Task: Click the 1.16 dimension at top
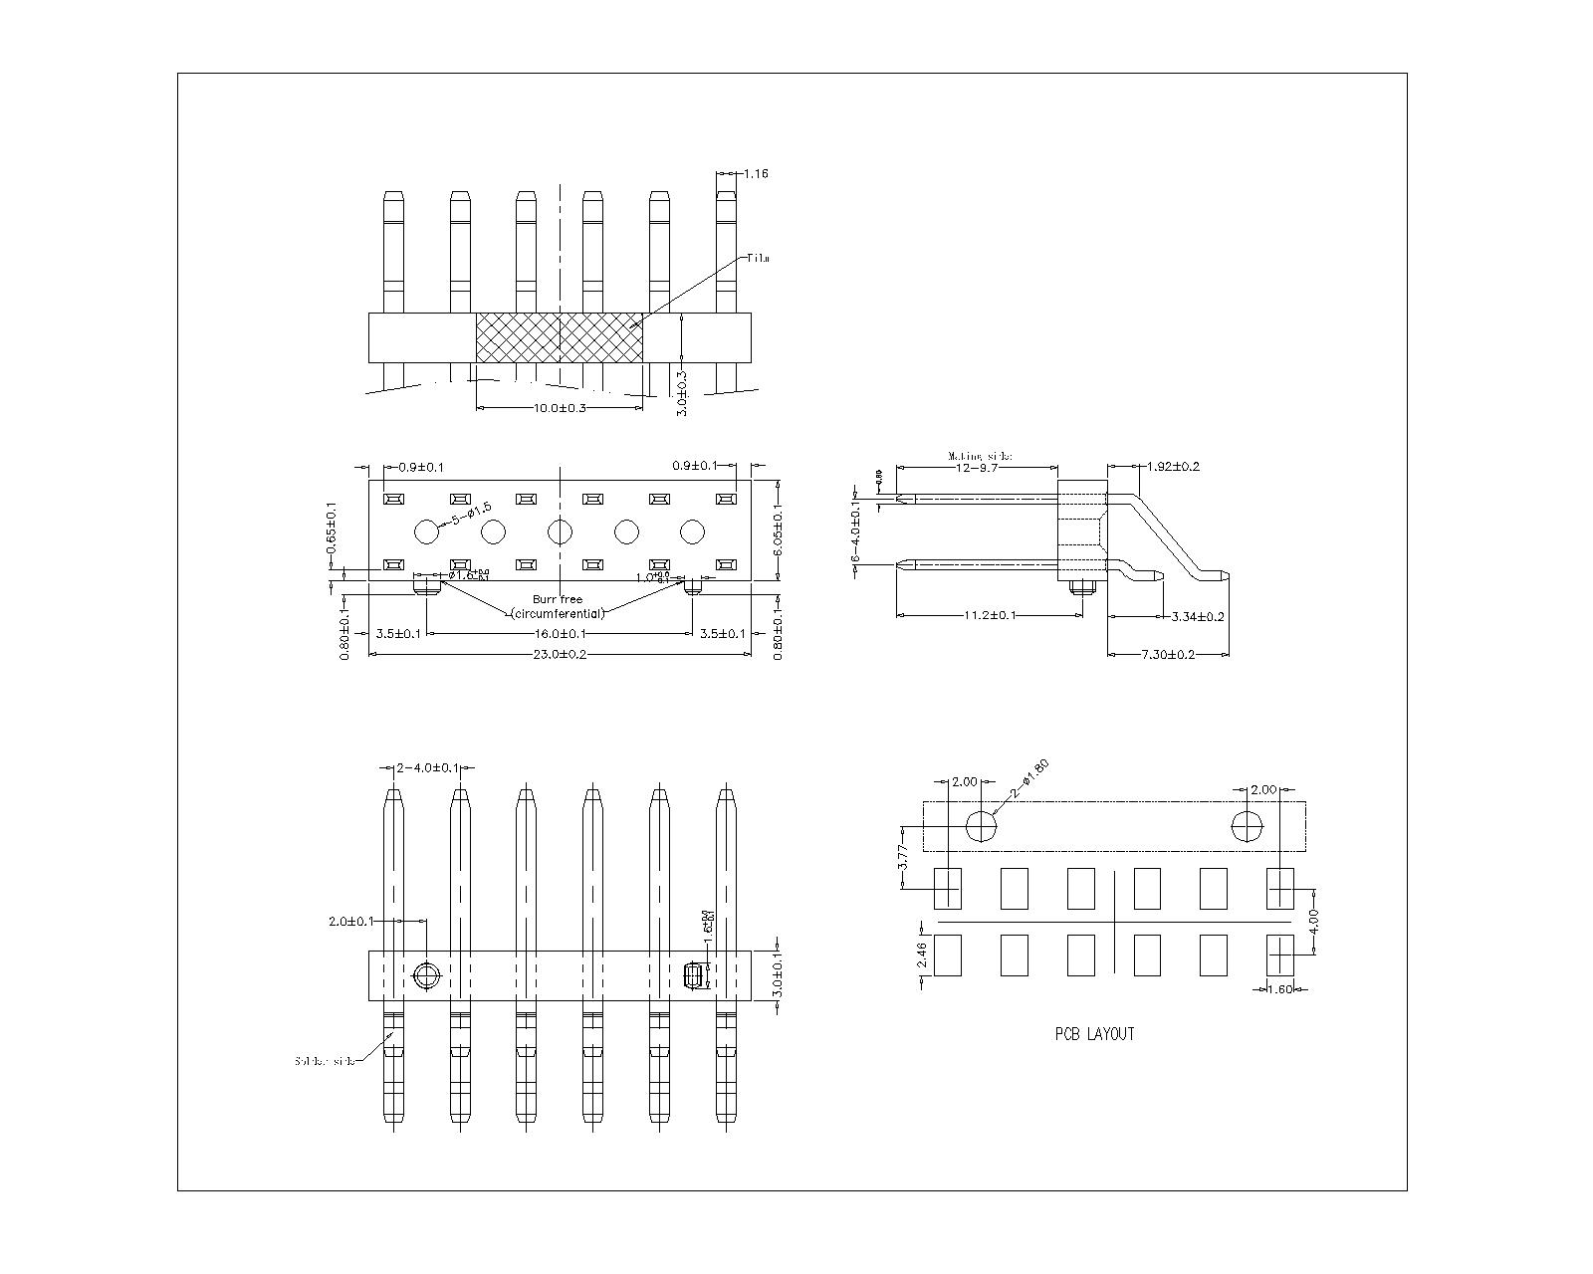point(756,174)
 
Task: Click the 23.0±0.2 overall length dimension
point(560,655)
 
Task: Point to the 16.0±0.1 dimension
point(560,634)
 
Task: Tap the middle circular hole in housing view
point(561,532)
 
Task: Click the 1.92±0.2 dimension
point(1173,467)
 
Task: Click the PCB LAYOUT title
point(1094,1034)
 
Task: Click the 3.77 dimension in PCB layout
point(903,857)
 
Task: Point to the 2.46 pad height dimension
point(922,955)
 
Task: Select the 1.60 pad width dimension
point(1279,989)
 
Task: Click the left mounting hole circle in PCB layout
point(982,826)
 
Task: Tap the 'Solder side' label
point(325,1061)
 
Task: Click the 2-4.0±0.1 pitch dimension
point(428,768)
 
